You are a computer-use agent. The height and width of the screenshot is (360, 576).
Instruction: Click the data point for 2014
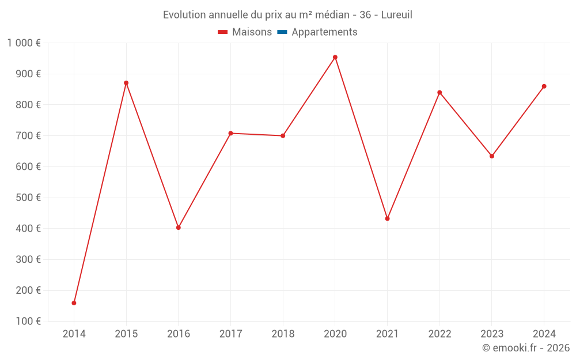point(74,303)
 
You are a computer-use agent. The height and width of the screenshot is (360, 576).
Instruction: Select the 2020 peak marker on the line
point(335,57)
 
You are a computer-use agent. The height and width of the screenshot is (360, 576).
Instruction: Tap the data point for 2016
point(179,228)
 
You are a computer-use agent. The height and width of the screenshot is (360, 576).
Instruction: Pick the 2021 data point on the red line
point(387,219)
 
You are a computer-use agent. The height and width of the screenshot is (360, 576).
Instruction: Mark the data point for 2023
point(492,156)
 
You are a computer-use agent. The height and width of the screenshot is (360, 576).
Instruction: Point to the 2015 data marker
point(126,83)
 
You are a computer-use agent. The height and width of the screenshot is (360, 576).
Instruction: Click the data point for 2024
point(544,86)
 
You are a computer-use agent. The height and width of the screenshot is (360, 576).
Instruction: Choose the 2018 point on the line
point(283,136)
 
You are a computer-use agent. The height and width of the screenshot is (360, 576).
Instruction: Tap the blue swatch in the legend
point(282,32)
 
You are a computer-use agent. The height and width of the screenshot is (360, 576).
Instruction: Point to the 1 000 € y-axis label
point(24,43)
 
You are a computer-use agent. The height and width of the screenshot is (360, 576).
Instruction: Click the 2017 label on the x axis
point(230,334)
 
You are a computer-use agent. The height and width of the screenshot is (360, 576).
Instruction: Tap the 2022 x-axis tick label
point(439,334)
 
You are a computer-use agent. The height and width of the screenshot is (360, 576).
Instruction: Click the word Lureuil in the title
point(396,15)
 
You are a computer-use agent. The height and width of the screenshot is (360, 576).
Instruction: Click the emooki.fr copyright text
point(526,348)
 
